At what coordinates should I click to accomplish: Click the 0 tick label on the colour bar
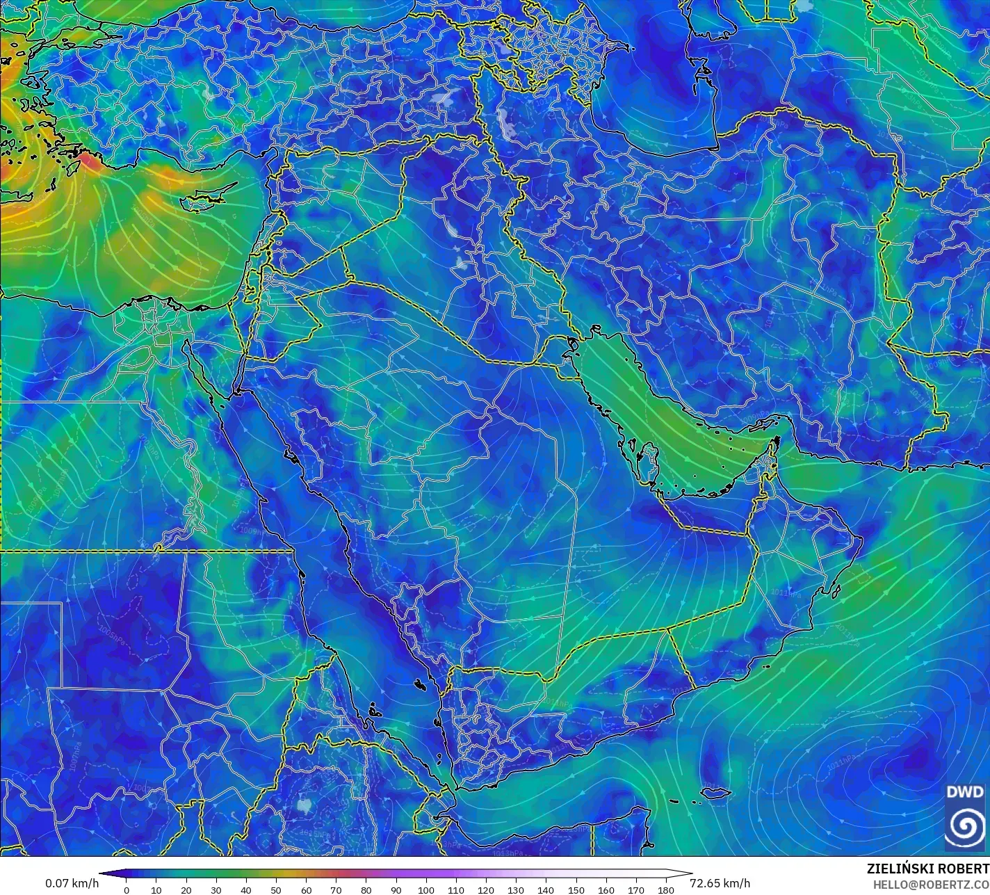pos(126,889)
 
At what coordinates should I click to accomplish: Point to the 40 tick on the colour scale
pos(246,889)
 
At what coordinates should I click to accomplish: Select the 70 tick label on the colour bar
pos(336,889)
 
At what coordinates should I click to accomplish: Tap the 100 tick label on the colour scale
pos(425,889)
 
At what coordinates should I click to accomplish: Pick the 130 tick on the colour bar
pos(516,889)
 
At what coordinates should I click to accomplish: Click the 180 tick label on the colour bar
pos(665,889)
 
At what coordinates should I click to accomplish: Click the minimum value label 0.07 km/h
pos(72,883)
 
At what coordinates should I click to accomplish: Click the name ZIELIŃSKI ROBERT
pos(927,869)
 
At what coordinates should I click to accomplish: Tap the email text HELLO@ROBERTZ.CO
pos(932,885)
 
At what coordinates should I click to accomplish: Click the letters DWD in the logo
pos(964,792)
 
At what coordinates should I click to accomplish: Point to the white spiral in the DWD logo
pos(964,825)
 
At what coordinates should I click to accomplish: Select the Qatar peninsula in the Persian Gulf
pos(651,462)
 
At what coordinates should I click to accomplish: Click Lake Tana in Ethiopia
pos(303,805)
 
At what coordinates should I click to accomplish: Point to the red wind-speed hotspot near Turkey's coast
pos(89,162)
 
